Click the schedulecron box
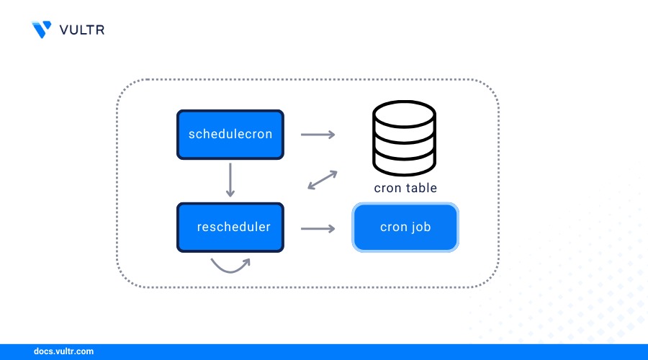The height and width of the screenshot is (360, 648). click(x=230, y=134)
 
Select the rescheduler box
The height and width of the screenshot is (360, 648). click(x=230, y=228)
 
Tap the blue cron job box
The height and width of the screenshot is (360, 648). click(x=405, y=228)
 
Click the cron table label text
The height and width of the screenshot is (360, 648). click(x=405, y=188)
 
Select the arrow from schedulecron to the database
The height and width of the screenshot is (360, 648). click(x=318, y=135)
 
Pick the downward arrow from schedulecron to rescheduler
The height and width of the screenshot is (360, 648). click(x=230, y=180)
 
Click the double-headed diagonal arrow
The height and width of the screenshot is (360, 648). click(x=323, y=180)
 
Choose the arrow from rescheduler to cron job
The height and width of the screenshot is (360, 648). click(x=318, y=228)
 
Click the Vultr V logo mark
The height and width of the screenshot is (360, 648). click(x=42, y=30)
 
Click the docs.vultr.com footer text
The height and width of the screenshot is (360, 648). click(x=63, y=352)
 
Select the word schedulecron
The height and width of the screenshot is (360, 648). click(x=230, y=134)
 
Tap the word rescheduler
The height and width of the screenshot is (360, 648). click(x=233, y=228)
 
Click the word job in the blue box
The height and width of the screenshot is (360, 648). click(x=420, y=228)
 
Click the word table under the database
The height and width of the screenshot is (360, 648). click(x=420, y=188)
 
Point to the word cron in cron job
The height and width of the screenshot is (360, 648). click(x=394, y=228)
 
